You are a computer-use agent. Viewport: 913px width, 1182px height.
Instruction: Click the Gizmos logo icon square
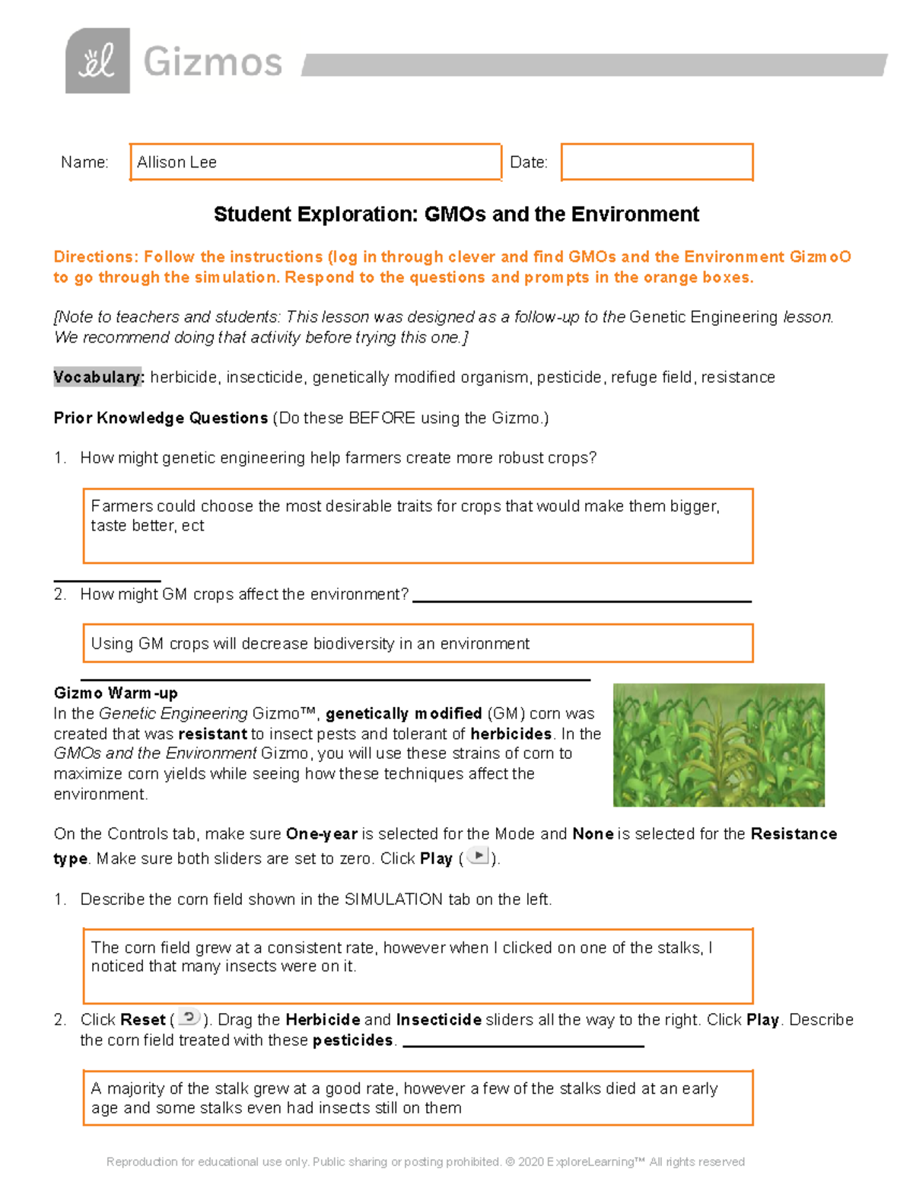click(97, 61)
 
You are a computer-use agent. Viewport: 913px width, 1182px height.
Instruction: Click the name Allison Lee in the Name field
click(177, 162)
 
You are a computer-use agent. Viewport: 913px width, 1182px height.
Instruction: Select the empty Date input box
click(657, 162)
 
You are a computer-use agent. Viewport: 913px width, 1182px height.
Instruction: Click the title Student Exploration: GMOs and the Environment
click(456, 215)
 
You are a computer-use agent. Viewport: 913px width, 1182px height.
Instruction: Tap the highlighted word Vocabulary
click(98, 378)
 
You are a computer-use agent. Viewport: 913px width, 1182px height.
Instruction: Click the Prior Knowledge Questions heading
click(161, 418)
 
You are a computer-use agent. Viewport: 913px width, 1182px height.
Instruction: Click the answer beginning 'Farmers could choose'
click(405, 516)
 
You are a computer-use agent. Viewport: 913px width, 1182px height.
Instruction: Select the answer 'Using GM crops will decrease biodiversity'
click(310, 644)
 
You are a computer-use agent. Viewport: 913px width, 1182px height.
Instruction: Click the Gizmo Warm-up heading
click(116, 693)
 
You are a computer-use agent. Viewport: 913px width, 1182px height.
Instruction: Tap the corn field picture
click(718, 745)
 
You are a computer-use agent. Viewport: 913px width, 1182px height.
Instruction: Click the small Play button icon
click(478, 856)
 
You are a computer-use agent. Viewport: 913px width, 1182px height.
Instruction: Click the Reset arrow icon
click(189, 1018)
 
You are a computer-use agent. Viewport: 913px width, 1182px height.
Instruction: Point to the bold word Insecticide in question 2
click(438, 1020)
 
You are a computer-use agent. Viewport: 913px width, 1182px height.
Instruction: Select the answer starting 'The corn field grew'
click(402, 957)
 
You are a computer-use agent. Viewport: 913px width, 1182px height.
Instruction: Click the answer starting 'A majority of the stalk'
click(404, 1098)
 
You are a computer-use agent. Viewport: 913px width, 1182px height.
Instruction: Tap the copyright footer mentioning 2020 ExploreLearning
click(425, 1161)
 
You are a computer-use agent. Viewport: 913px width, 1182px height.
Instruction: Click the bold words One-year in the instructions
click(321, 834)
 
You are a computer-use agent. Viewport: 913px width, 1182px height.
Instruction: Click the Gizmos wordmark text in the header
click(212, 62)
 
